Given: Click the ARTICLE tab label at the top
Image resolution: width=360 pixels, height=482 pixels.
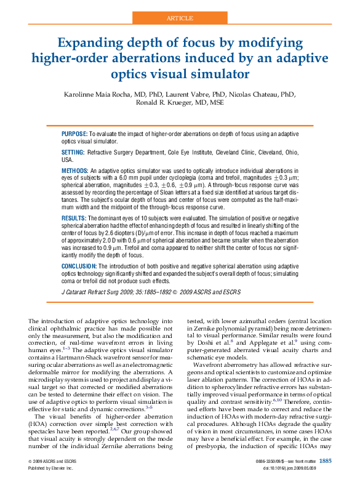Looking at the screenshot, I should coord(180,18).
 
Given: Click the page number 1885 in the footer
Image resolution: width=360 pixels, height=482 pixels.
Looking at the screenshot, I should coord(326,460).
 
